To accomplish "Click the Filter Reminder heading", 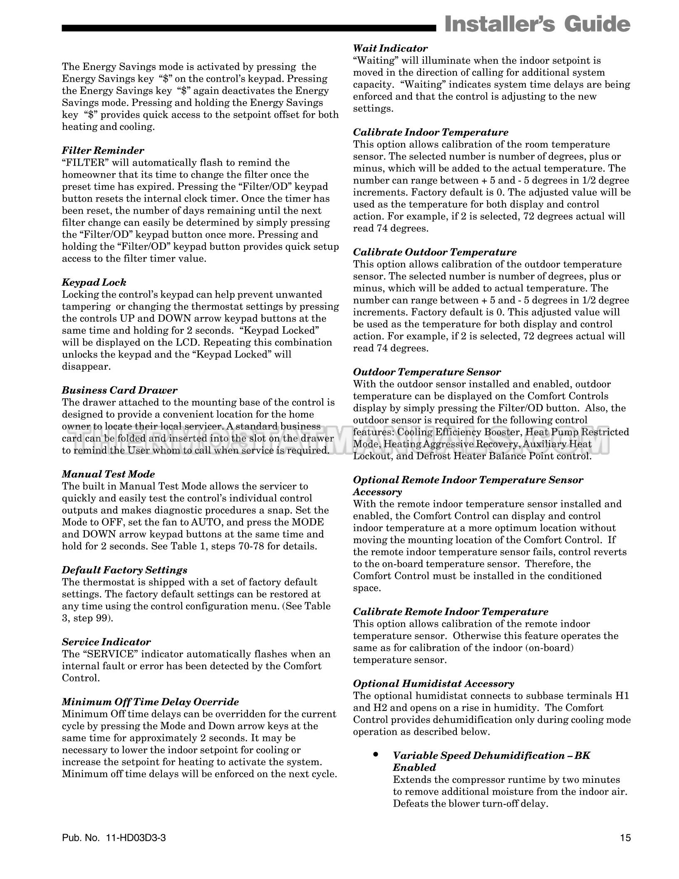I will point(103,151).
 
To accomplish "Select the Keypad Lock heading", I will point(94,283).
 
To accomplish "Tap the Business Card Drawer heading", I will point(119,390).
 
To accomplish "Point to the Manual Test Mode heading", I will point(108,474).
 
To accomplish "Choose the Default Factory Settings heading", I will point(124,570).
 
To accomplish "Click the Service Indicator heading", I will point(106,642).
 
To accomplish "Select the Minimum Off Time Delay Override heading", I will point(150,702).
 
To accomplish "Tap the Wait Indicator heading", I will point(390,49).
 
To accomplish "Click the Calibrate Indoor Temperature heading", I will point(431,133).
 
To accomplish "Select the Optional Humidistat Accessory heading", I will point(434,684).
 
